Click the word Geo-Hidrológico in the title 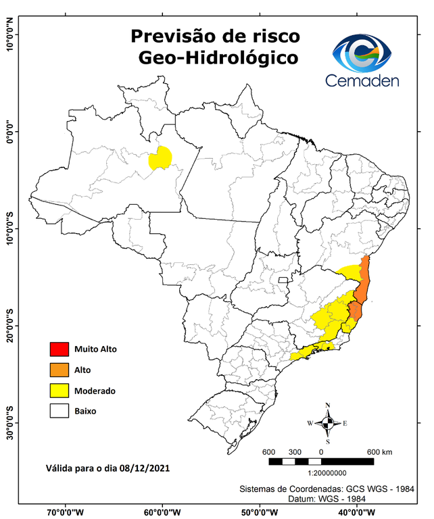(x=217, y=58)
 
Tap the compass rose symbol (x=327, y=423)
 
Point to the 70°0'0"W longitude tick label (x=66, y=512)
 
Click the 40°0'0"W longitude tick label (x=356, y=512)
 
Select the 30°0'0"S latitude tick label (x=9, y=422)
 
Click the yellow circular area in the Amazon (x=160, y=159)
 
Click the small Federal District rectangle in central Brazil (x=283, y=280)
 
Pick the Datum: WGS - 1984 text (x=330, y=498)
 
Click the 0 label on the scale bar (x=321, y=451)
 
